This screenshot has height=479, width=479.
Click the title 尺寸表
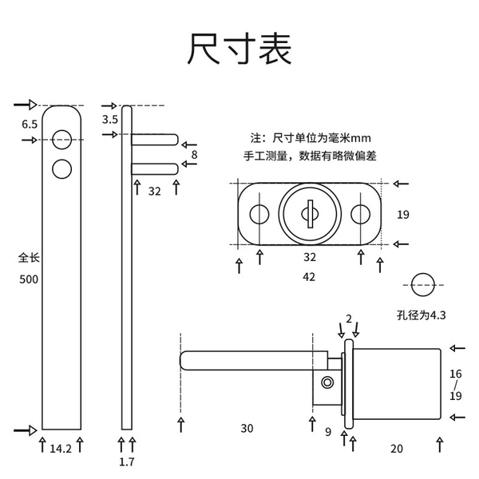[x=239, y=49]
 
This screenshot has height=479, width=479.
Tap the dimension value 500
[x=29, y=279]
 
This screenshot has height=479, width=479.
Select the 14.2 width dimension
[x=61, y=449]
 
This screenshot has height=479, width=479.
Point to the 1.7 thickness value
[x=126, y=461]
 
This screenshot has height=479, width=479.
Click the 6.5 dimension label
[x=30, y=125]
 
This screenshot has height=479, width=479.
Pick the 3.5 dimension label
[x=110, y=120]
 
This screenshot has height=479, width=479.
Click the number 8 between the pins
[x=194, y=155]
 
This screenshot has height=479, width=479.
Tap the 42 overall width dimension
[x=309, y=277]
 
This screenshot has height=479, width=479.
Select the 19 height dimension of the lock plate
[x=403, y=215]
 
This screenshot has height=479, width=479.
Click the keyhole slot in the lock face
[x=310, y=214]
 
